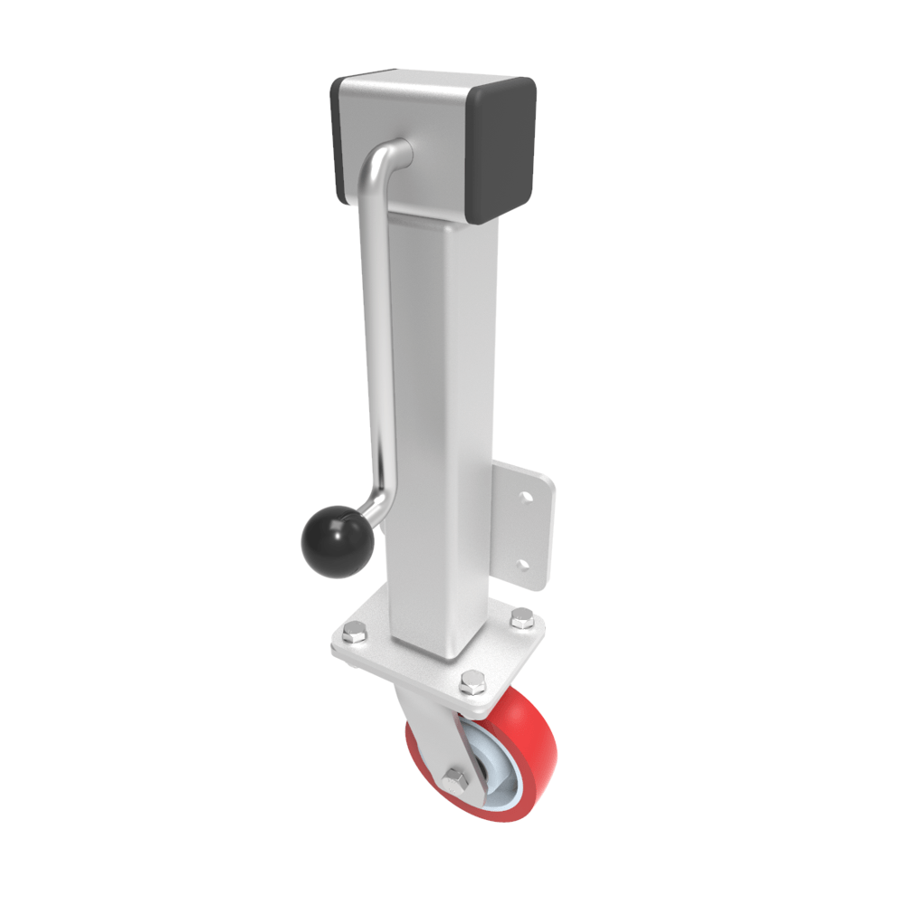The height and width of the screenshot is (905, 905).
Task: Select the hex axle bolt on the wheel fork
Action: pyautogui.click(x=456, y=776)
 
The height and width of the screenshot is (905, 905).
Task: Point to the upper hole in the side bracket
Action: pyautogui.click(x=522, y=496)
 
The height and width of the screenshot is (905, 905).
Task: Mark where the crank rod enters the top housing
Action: pyautogui.click(x=401, y=151)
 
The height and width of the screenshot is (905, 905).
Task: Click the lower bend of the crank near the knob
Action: pyautogui.click(x=381, y=503)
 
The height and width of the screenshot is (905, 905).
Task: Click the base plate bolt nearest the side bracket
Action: pyautogui.click(x=522, y=617)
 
